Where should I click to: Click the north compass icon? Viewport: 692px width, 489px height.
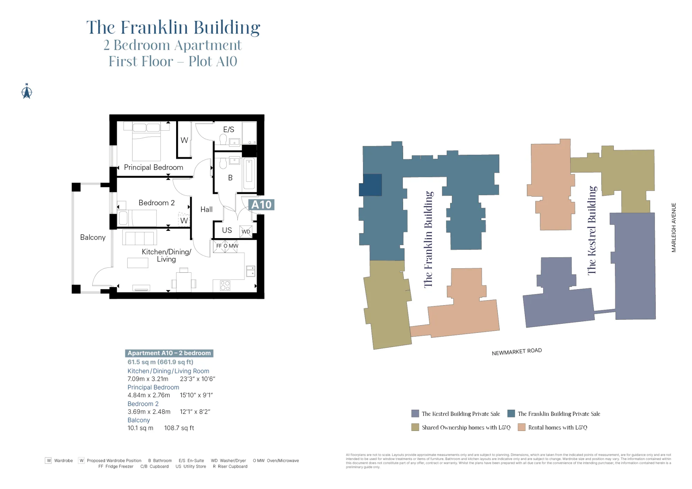27,92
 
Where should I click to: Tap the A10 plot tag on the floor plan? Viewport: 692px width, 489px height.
261,205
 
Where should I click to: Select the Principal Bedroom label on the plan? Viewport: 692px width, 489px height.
153,167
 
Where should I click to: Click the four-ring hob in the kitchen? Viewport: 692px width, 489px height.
225,285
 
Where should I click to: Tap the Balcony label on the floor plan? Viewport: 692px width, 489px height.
93,237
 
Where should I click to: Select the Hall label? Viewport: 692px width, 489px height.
206,209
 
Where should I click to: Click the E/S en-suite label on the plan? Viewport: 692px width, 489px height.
228,130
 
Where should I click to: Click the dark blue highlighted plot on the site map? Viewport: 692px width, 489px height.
371,185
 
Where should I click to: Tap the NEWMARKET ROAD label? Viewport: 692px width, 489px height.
517,351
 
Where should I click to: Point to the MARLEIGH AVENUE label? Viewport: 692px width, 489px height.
673,227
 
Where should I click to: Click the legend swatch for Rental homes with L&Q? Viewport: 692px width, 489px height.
521,427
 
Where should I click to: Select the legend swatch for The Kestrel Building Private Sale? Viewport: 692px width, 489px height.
415,414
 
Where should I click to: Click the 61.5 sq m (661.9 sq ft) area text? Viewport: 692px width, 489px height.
160,362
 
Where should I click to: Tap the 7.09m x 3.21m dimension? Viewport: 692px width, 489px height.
148,379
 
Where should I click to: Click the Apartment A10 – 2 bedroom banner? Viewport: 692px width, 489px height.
169,353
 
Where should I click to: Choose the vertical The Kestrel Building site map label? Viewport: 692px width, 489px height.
592,231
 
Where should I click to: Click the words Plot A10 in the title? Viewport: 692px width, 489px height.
213,62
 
